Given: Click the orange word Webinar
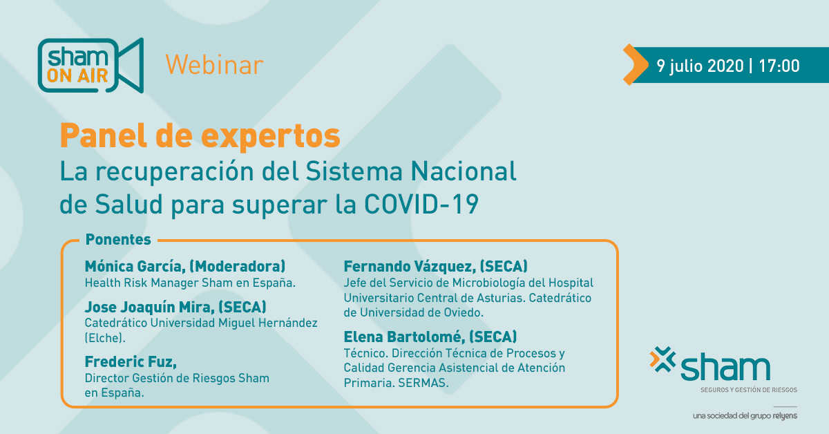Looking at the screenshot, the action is coord(214,65).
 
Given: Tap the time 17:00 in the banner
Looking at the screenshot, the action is coord(779,66).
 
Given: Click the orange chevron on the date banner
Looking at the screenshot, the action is coord(636,64).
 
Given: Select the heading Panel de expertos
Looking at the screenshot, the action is coord(200,136).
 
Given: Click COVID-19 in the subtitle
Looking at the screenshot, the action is coord(421,204).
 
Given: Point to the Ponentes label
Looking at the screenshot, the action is coord(118,240).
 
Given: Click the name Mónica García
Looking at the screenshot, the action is coord(135,266).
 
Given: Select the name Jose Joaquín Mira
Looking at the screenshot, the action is coord(149,307).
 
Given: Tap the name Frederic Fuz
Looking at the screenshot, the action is coord(131,362).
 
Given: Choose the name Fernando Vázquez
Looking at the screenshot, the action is coord(410,266).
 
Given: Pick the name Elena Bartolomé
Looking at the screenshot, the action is coord(404,337).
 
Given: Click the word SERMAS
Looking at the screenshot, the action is coord(423,383).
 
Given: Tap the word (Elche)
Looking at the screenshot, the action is coord(105,338).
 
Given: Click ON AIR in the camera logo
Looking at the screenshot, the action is coord(77,76).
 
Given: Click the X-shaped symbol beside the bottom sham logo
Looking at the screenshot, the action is coord(663,359).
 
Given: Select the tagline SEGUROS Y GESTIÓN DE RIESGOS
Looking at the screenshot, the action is coord(749,390).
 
